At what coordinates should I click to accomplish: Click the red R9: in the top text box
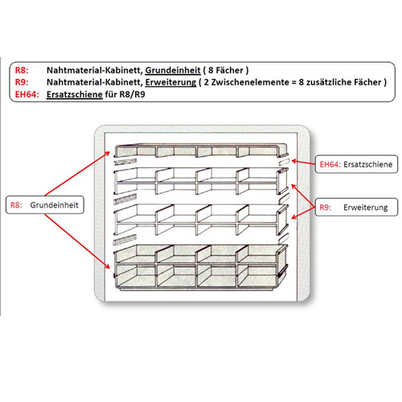pyautogui.click(x=23, y=82)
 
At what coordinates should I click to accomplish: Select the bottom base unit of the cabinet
pyautogui.click(x=197, y=265)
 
